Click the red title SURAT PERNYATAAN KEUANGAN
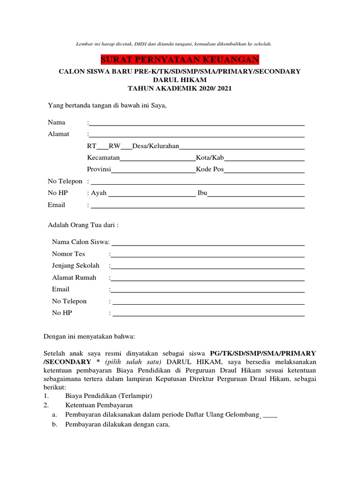point(180,60)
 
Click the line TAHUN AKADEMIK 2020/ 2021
point(180,88)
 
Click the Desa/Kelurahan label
point(156,146)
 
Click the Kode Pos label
point(210,169)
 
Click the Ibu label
point(202,193)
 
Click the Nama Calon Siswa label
point(81,242)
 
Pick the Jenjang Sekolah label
point(75,266)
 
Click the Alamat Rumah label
point(74,277)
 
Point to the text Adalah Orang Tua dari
point(83,225)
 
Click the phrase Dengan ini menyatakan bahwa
point(89,336)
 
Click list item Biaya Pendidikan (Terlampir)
point(109,395)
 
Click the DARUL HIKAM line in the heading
point(180,80)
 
